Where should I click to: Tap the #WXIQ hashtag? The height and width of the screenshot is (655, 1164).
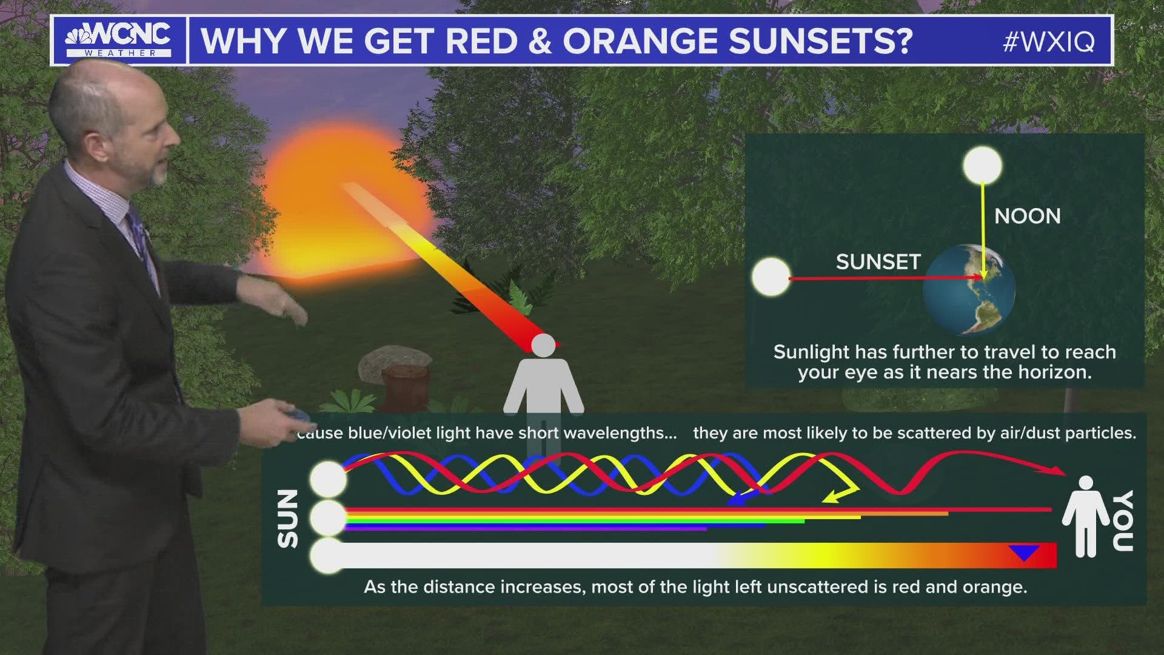coord(1048,41)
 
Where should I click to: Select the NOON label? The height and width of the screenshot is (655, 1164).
coord(1027,217)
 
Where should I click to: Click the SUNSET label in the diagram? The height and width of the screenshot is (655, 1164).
coord(878,262)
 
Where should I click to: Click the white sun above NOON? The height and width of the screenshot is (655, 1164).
coord(983,166)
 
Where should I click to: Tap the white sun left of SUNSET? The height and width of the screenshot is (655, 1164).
coord(771,277)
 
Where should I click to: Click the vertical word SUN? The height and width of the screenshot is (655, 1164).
coord(289,519)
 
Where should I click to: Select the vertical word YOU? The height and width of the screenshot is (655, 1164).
coord(1123,522)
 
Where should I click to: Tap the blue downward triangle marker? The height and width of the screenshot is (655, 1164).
coord(1024,553)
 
